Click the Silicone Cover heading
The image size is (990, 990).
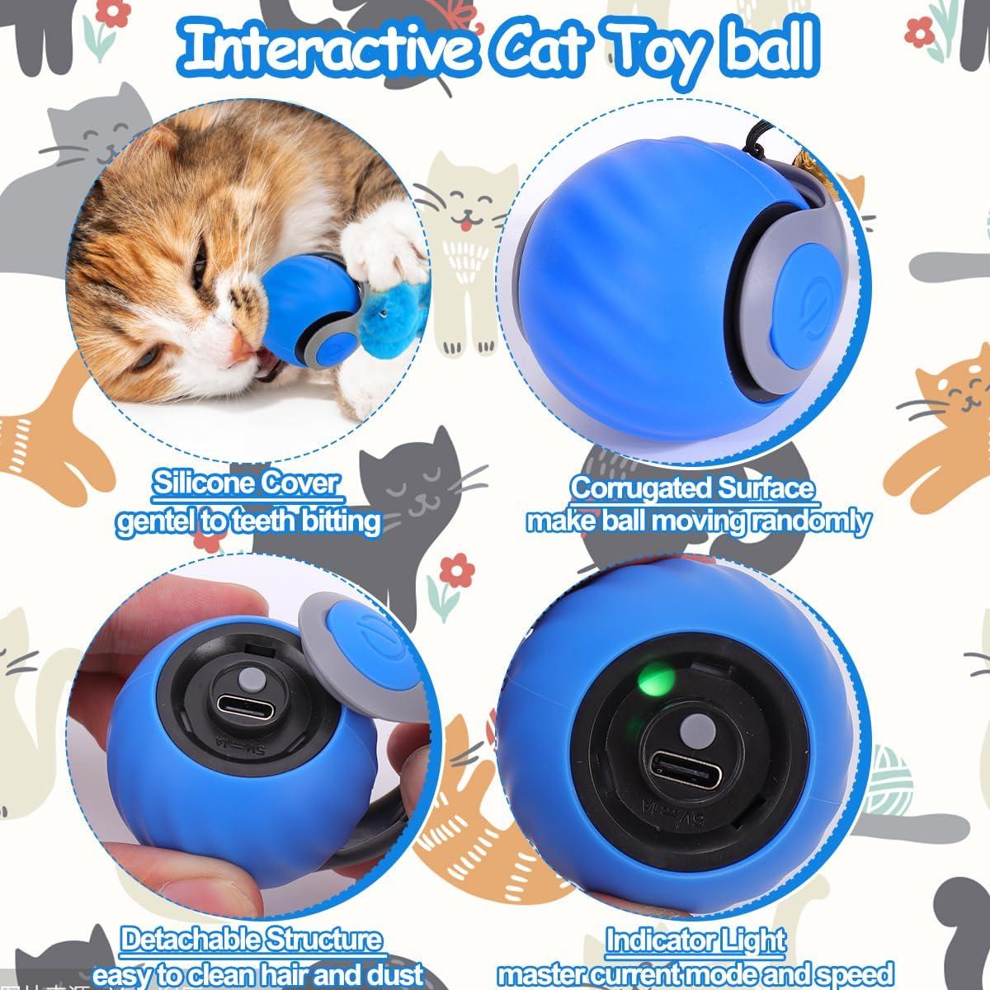coord(246,483)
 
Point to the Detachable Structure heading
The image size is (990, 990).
coord(252,940)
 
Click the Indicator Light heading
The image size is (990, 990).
coord(695,940)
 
